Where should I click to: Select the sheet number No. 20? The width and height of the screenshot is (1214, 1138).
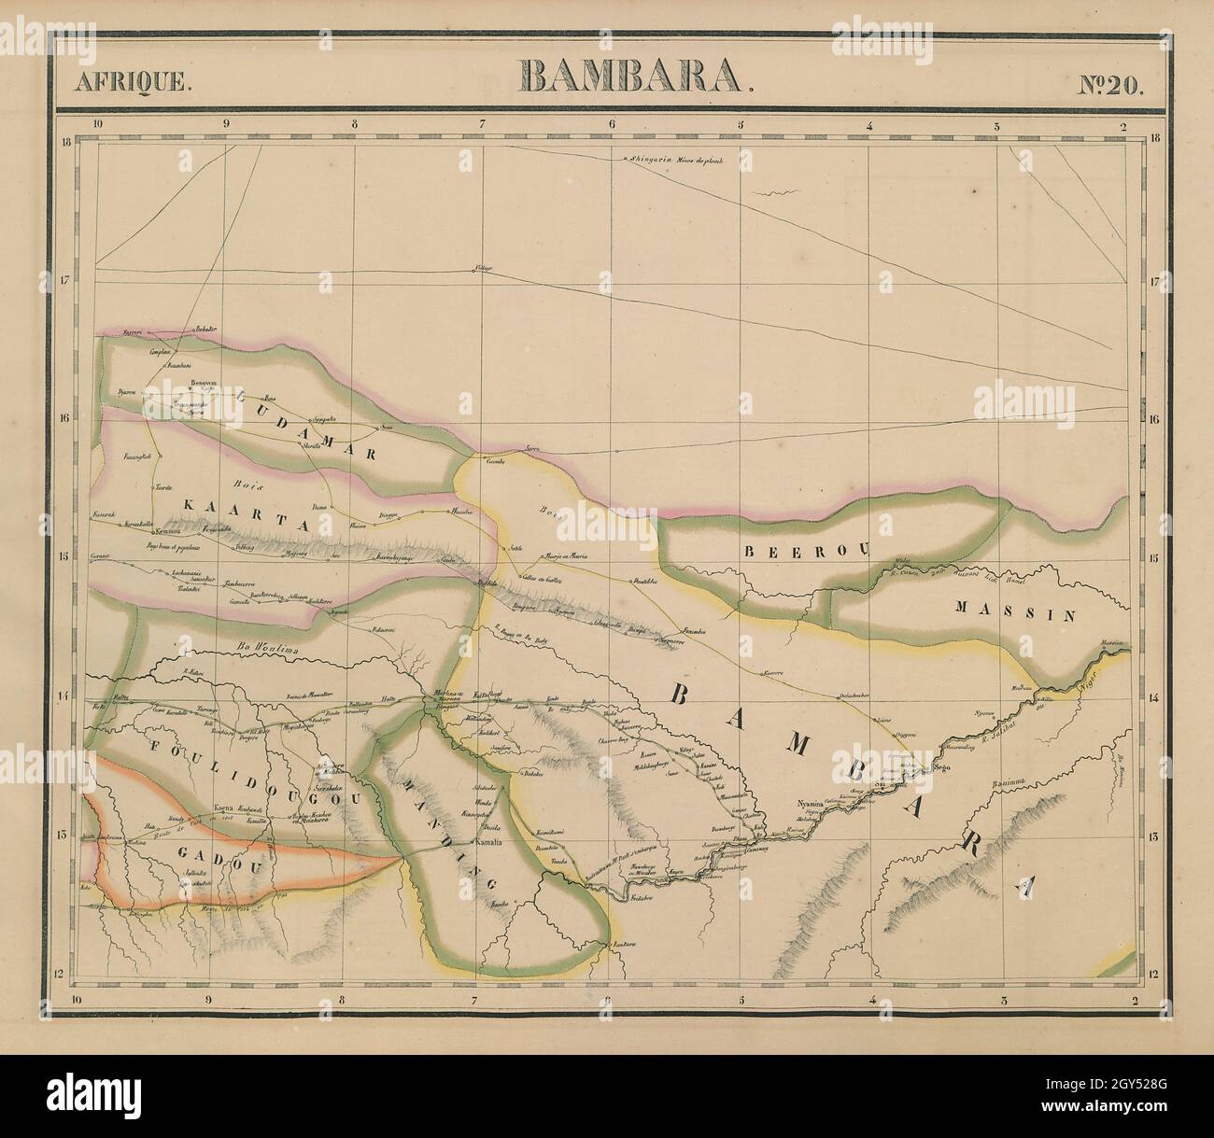[x=1109, y=81]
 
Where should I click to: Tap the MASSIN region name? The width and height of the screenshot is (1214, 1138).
[x=1016, y=613]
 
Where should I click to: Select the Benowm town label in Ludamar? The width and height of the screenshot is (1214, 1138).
[x=203, y=383]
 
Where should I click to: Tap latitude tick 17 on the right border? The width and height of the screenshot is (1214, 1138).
[x=1154, y=280]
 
